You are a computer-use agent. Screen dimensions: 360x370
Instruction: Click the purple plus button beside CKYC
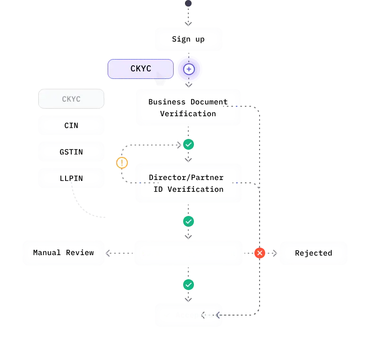189,69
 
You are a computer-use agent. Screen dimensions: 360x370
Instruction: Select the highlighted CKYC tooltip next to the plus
141,69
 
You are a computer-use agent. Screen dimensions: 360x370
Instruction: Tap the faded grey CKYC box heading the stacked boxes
71,99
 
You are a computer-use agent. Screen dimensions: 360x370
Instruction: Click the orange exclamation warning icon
122,163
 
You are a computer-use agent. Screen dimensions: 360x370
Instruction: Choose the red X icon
259,253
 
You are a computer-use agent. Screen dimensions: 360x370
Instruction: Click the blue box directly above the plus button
188,39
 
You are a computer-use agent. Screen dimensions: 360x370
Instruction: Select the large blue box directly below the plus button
188,107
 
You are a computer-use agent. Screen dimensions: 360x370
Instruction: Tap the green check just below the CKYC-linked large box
189,145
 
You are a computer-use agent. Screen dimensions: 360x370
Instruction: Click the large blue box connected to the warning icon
188,183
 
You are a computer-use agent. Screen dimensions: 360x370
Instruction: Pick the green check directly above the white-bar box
188,221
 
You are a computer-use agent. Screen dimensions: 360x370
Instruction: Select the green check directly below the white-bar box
188,285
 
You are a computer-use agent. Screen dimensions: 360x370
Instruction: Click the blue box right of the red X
313,253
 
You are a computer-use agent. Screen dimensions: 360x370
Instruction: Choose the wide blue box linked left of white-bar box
64,253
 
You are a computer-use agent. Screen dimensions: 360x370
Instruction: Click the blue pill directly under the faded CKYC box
71,125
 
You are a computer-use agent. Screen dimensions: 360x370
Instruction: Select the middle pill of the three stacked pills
71,152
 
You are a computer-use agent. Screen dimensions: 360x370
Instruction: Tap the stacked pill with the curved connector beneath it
71,178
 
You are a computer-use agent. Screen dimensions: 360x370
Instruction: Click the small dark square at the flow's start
188,4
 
